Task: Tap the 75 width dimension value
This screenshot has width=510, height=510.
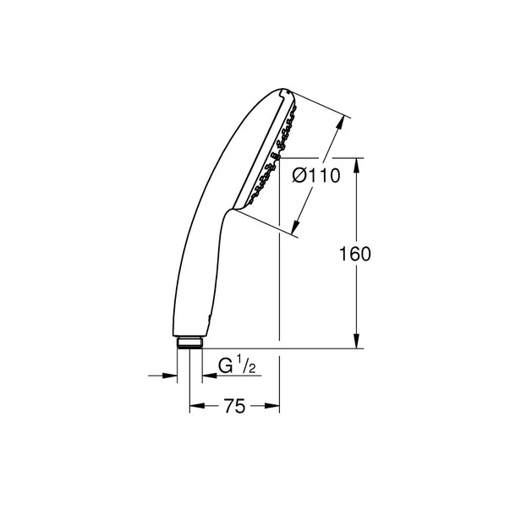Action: click(x=235, y=407)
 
